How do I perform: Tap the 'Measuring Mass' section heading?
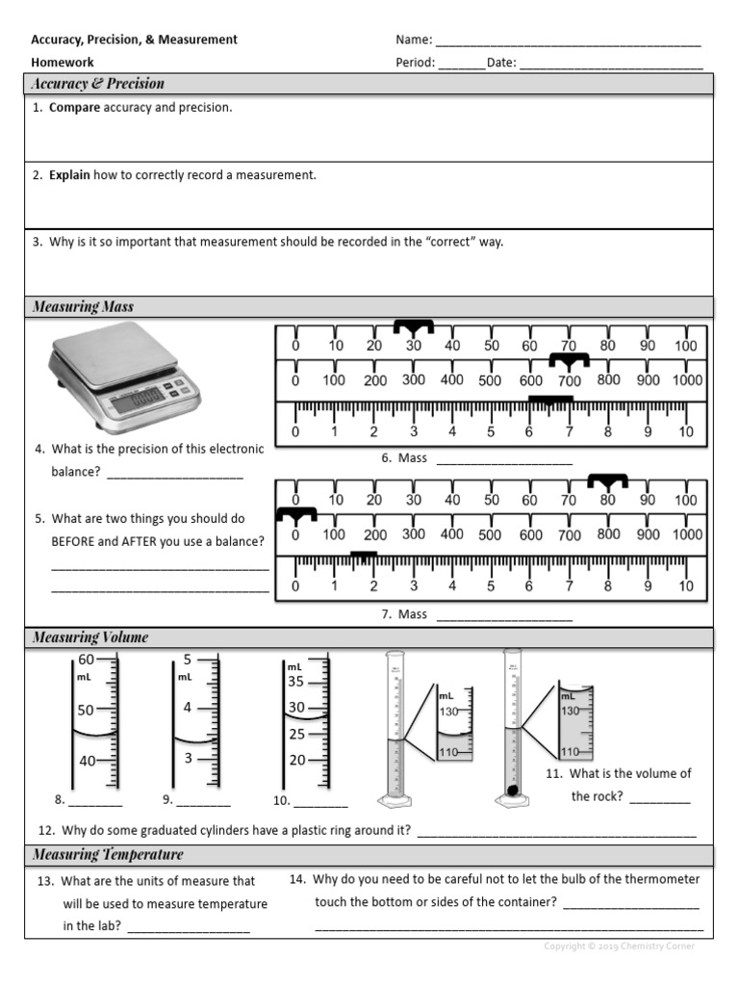click(x=83, y=307)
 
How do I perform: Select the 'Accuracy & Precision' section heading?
click(x=98, y=84)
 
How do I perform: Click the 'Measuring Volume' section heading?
click(x=90, y=637)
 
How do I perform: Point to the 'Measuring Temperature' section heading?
click(x=108, y=855)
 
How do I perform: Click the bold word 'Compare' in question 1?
click(x=75, y=108)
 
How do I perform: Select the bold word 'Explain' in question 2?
click(x=70, y=175)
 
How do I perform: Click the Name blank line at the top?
click(x=568, y=41)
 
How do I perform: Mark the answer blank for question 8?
click(x=95, y=801)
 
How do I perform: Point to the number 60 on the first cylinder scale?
click(x=87, y=660)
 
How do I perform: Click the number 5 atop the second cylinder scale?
click(x=188, y=660)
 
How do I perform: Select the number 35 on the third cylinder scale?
click(x=295, y=682)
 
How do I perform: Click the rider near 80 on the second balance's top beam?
click(x=607, y=480)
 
